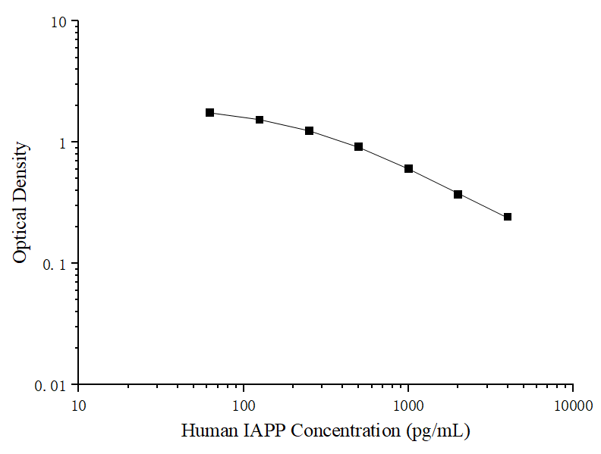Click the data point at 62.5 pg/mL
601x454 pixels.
tap(210, 112)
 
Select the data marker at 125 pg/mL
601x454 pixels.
tap(260, 120)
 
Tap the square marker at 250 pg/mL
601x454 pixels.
tap(310, 130)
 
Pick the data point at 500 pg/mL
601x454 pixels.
tap(359, 146)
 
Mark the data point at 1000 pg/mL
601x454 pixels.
tap(409, 168)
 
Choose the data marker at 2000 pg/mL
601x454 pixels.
tap(458, 194)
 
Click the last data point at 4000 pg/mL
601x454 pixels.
tap(508, 217)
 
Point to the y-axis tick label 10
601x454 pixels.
tap(59, 22)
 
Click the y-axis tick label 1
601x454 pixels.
tap(64, 143)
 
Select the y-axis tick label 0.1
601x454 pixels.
tap(55, 265)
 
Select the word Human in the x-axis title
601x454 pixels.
tap(208, 432)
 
